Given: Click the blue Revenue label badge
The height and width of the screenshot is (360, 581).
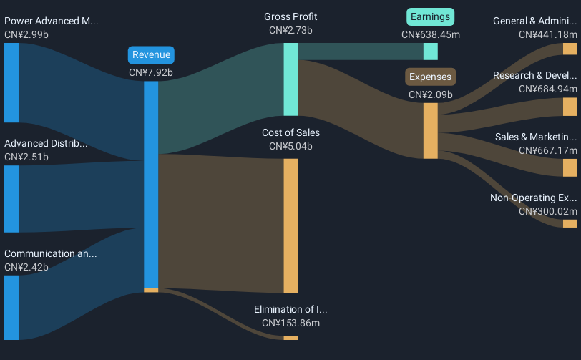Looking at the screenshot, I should point(151,55).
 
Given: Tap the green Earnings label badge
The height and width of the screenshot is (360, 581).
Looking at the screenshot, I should point(430,17).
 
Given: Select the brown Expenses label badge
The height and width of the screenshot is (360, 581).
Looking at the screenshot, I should point(430,77).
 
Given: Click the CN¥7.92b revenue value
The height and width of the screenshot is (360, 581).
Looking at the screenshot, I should point(151,72).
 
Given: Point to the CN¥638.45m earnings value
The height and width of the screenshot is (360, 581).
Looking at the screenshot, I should point(430,34).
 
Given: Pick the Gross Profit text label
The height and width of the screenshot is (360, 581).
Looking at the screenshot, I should point(290,16).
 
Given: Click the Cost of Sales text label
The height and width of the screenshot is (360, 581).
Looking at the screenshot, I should point(290,132).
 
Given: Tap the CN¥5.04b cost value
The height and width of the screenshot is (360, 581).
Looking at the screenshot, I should point(290,146).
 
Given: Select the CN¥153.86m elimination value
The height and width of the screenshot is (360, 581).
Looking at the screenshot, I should point(290,323).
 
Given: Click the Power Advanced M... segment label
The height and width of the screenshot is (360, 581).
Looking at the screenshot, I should point(51,21).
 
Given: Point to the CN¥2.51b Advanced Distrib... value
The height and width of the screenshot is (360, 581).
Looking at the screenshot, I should point(26,157).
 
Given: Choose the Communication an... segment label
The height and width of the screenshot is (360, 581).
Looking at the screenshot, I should point(50,253).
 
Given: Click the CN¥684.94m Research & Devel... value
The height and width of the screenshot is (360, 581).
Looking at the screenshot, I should point(547,89).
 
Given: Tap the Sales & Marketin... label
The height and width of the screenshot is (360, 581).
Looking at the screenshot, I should point(535,137).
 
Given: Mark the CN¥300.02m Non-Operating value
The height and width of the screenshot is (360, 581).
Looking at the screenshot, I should point(547,211).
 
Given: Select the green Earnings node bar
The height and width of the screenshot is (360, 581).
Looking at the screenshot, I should point(430,52).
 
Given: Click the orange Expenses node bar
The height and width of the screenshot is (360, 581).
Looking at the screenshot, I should point(430,130).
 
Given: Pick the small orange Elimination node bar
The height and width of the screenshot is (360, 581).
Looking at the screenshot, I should point(290,337).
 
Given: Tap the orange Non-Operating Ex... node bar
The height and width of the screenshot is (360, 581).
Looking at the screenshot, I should point(570,223).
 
